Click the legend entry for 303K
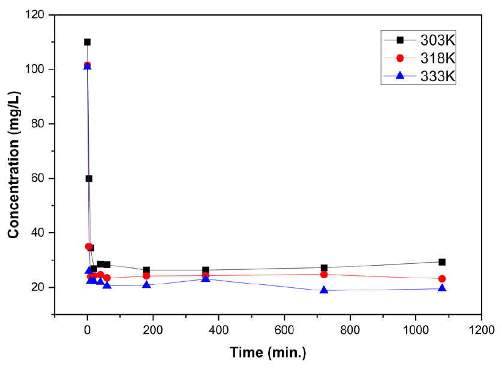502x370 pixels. pyautogui.click(x=437, y=40)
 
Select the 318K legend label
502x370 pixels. pyautogui.click(x=437, y=58)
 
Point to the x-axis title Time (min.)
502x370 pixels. pyautogui.click(x=268, y=352)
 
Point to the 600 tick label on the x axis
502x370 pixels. pyautogui.click(x=284, y=329)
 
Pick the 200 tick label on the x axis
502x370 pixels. pyautogui.click(x=153, y=329)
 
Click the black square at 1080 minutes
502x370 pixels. pyautogui.click(x=442, y=262)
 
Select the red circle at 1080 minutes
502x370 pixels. pyautogui.click(x=442, y=279)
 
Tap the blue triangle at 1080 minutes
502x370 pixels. pyautogui.click(x=442, y=288)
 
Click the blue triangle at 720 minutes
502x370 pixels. pyautogui.click(x=324, y=290)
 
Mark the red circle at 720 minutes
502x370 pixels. pyautogui.click(x=324, y=275)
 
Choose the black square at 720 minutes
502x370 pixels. pyautogui.click(x=324, y=268)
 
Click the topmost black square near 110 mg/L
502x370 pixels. pyautogui.click(x=88, y=42)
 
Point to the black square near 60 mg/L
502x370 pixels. pyautogui.click(x=89, y=179)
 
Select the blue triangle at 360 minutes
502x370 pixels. pyautogui.click(x=206, y=278)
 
